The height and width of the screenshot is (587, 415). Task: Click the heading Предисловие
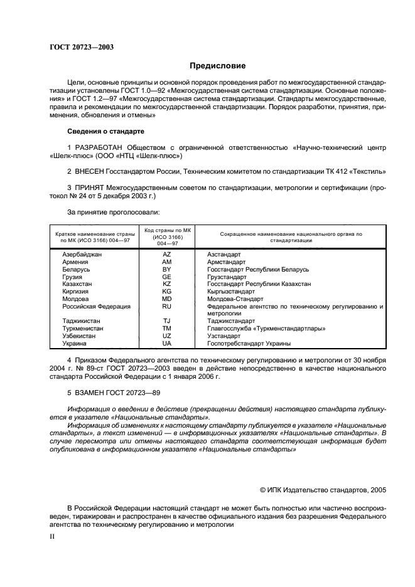pyautogui.click(x=218, y=66)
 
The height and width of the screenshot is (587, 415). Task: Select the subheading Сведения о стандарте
pyautogui.click(x=105, y=132)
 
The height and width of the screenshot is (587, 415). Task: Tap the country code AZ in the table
pyautogui.click(x=166, y=255)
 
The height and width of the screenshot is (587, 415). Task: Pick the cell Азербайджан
pyautogui.click(x=82, y=255)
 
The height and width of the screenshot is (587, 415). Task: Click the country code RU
pyautogui.click(x=166, y=307)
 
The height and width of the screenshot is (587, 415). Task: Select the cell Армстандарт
pyautogui.click(x=226, y=262)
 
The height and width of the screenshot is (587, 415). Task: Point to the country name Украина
pyautogui.click(x=74, y=344)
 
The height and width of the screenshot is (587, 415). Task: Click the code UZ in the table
pyautogui.click(x=166, y=336)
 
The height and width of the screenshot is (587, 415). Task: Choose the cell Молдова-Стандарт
pyautogui.click(x=234, y=299)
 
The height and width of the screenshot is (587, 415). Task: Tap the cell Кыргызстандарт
pyautogui.click(x=232, y=292)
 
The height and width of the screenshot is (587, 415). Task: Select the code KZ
pyautogui.click(x=166, y=284)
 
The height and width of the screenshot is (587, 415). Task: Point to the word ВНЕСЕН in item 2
pyautogui.click(x=92, y=171)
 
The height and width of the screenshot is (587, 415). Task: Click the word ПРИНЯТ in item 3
pyautogui.click(x=92, y=188)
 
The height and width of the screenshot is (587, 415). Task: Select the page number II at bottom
pyautogui.click(x=53, y=537)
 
